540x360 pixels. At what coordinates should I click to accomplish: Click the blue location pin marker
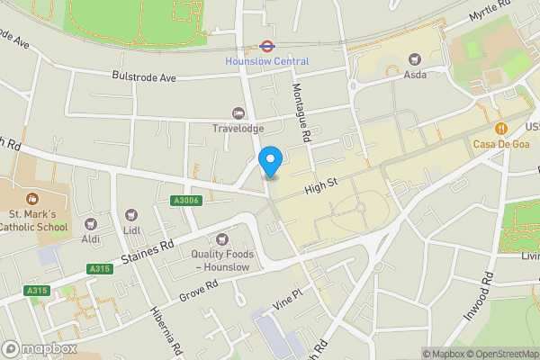271,162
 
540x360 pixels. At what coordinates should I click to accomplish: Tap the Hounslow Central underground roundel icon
266,45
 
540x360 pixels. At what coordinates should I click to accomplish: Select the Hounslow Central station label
266,61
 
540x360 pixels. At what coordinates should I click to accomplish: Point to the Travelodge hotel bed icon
238,112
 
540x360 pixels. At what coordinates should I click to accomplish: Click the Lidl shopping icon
131,216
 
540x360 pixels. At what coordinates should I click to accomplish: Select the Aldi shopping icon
90,223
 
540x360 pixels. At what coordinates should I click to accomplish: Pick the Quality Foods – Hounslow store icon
223,238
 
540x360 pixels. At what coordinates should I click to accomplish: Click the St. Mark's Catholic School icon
32,198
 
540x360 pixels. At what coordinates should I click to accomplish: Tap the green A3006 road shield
184,201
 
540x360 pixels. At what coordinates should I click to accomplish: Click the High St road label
319,184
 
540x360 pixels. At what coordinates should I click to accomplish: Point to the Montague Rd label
301,112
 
